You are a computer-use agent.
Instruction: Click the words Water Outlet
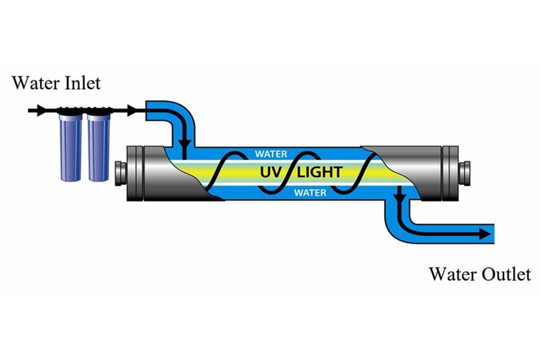click(x=479, y=274)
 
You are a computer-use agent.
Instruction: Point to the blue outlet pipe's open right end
click(x=491, y=234)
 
